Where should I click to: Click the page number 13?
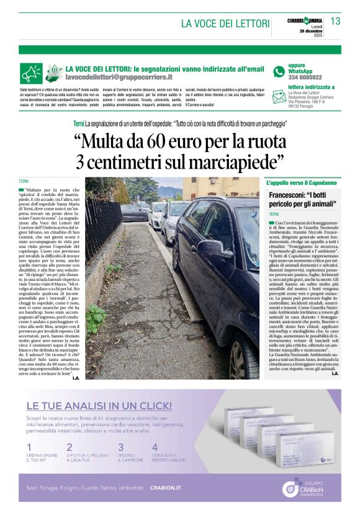(335, 21)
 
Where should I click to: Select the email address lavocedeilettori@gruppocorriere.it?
(119, 77)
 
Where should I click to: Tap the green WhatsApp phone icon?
(279, 71)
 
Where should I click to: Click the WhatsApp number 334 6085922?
(305, 78)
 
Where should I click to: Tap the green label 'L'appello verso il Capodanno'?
(301, 184)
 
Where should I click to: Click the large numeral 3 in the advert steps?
(120, 447)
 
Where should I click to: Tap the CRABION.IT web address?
(165, 488)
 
